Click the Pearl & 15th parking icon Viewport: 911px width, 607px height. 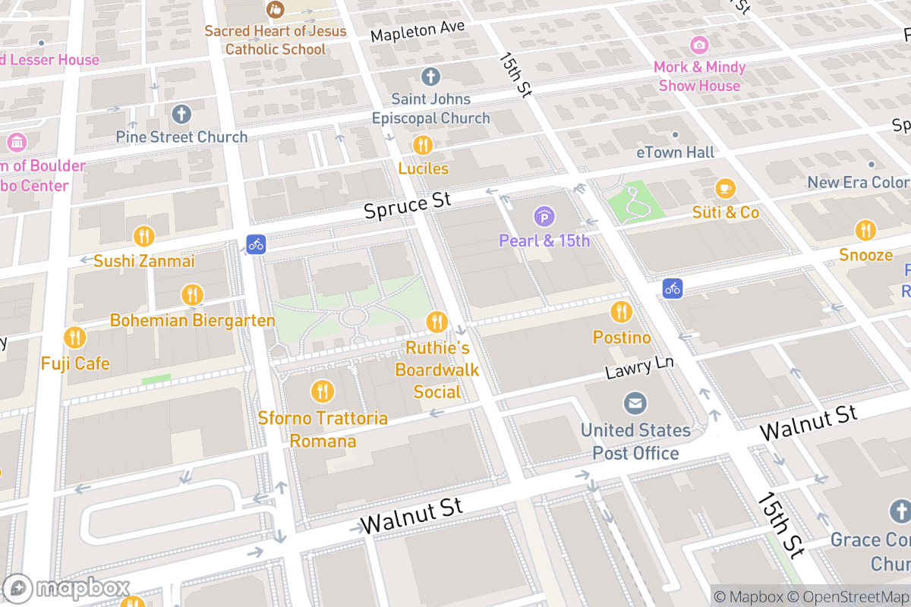544,218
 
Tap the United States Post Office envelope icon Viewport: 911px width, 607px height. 635,404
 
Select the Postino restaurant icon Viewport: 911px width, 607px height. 621,312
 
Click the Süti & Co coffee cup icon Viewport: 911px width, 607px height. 726,187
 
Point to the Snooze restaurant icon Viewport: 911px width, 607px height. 865,230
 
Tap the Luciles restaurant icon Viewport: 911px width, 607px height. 423,144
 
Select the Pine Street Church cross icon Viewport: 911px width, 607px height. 181,115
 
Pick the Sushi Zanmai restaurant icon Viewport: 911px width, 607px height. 143,236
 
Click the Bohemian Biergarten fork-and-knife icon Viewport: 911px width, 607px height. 192,294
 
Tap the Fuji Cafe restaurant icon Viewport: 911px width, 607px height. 74,338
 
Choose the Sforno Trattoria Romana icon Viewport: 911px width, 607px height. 323,392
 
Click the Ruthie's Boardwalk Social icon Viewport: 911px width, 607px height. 437,322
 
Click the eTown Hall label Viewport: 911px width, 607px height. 675,153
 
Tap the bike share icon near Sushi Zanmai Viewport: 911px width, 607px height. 256,244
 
